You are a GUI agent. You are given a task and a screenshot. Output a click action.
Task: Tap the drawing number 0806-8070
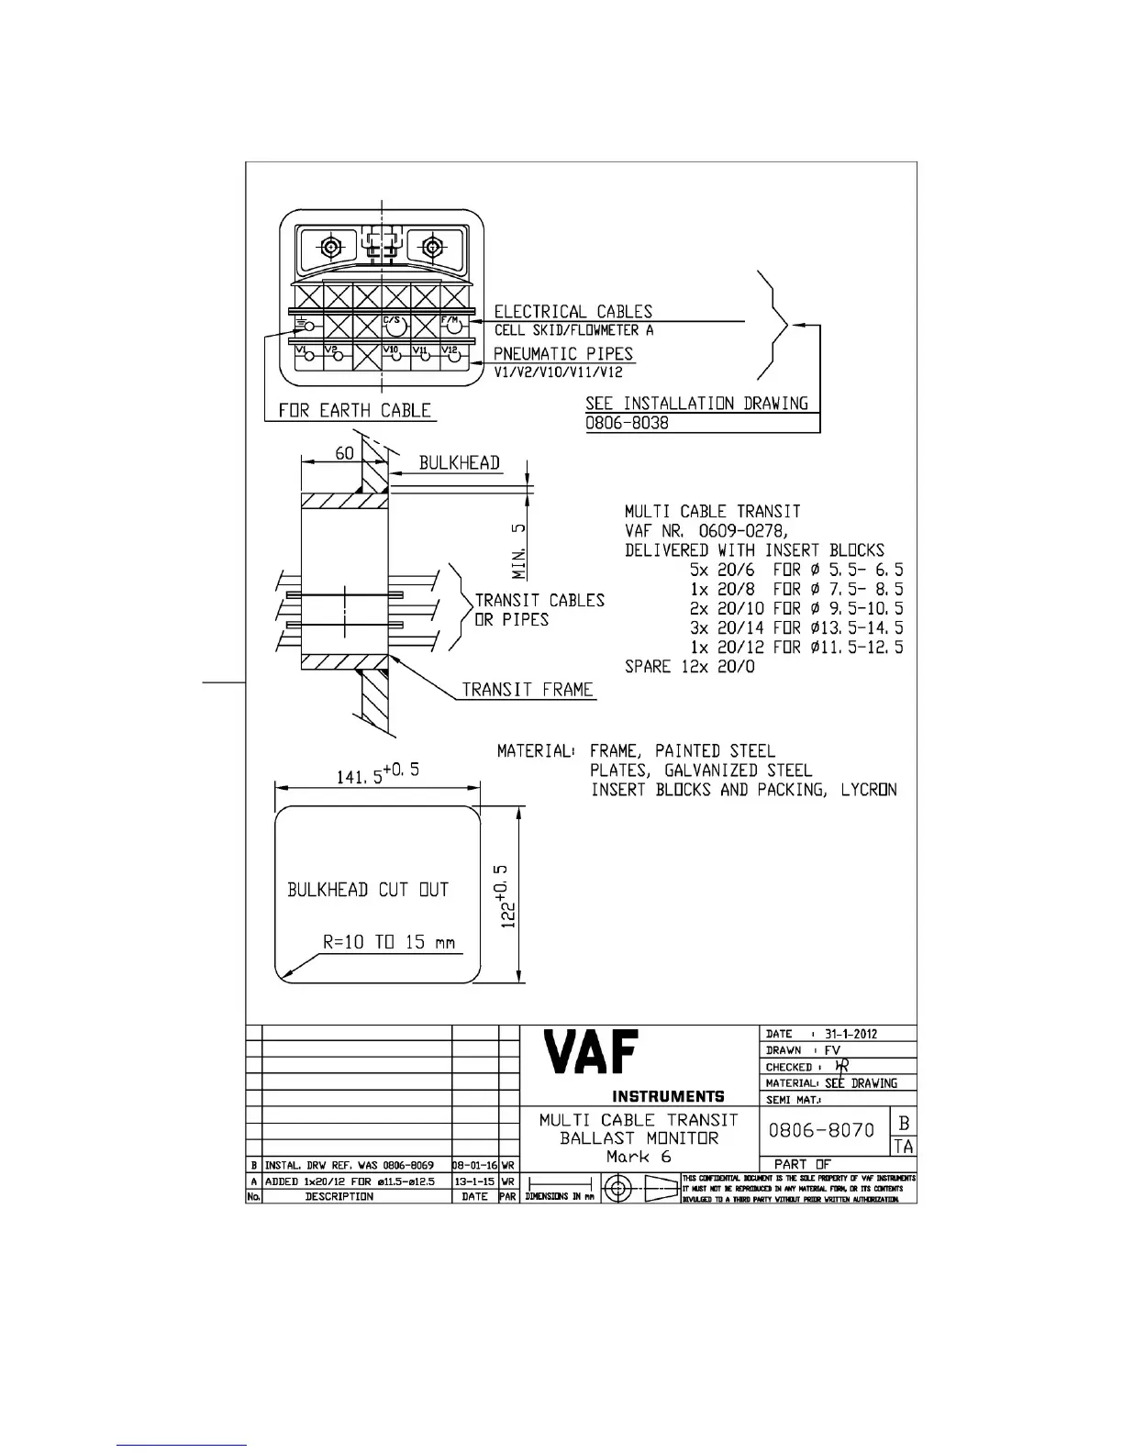click(x=821, y=1130)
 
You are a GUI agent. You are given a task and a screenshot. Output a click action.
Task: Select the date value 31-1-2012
click(x=851, y=1034)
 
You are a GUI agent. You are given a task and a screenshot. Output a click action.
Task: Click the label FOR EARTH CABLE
click(x=354, y=410)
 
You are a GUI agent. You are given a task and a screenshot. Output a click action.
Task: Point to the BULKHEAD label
click(x=460, y=462)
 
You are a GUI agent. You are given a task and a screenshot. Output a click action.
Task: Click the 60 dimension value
click(x=344, y=453)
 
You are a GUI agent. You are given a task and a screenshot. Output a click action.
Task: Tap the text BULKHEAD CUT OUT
click(x=368, y=889)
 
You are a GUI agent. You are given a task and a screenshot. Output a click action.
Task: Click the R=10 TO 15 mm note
click(x=389, y=942)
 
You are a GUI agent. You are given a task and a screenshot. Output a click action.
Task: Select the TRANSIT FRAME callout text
click(x=528, y=689)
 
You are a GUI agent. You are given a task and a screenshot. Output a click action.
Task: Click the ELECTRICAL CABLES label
click(x=573, y=312)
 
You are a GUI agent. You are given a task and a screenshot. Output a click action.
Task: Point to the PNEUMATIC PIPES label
click(x=563, y=354)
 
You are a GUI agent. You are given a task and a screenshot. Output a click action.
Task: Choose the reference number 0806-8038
click(x=628, y=423)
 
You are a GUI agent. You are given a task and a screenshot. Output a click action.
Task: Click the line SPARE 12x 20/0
click(x=690, y=667)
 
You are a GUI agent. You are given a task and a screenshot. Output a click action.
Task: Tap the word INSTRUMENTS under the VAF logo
click(x=668, y=1096)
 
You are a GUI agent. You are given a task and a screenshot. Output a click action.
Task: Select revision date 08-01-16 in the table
click(x=475, y=1165)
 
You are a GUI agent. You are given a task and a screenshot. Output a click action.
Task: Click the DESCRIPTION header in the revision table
click(x=339, y=1196)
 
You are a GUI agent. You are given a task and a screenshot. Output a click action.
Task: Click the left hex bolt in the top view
click(x=331, y=247)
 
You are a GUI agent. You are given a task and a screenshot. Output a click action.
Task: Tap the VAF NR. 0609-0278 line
click(x=706, y=530)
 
